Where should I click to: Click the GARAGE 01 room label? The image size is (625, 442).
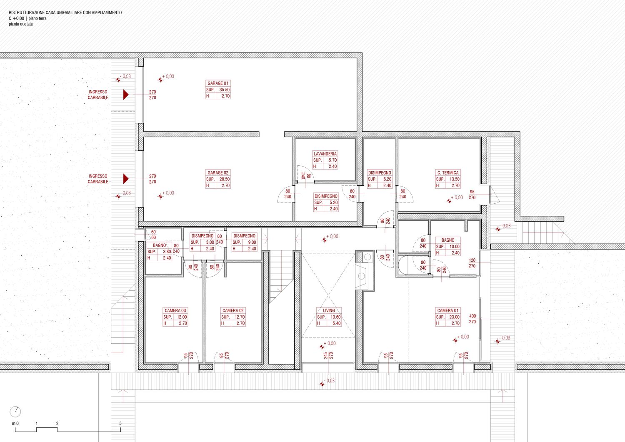[218, 83]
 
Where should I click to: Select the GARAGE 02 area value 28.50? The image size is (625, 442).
[224, 179]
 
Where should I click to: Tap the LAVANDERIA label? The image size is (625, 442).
[325, 154]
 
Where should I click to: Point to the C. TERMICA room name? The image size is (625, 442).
[448, 173]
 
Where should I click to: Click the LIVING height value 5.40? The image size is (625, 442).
[337, 323]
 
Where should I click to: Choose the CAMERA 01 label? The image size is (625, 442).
[447, 311]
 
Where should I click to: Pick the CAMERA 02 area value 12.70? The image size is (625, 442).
[240, 317]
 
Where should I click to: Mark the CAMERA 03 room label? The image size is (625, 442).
[175, 311]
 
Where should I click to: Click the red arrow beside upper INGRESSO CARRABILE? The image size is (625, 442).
[126, 95]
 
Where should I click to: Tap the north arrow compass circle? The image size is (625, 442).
[15, 412]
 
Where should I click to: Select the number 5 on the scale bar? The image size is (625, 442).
[120, 423]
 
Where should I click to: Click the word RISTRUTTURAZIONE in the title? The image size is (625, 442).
[27, 12]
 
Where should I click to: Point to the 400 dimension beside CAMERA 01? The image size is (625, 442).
[472, 316]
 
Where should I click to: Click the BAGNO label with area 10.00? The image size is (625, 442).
[448, 240]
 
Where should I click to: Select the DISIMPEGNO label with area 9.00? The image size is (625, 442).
[245, 236]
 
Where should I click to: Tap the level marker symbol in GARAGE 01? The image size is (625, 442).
[160, 80]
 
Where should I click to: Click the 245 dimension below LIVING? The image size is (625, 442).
[325, 355]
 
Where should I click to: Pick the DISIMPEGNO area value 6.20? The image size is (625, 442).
[387, 179]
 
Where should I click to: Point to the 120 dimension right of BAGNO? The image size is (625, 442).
[472, 260]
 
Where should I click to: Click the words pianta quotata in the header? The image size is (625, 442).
[21, 24]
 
